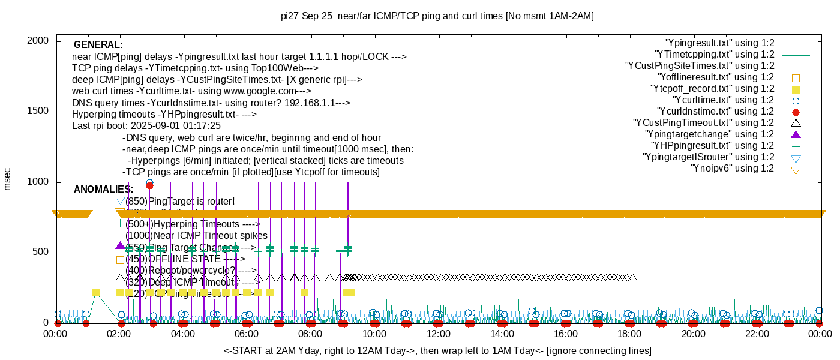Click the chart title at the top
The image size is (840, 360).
pos(437,16)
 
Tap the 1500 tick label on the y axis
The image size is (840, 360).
pos(40,112)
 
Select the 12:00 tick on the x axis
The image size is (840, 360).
pos(438,333)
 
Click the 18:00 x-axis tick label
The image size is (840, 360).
pos(629,333)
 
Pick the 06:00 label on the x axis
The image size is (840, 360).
pos(247,333)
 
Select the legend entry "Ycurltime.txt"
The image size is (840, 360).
pos(724,100)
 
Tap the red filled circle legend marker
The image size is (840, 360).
pos(796,112)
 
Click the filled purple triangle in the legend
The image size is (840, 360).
pos(796,134)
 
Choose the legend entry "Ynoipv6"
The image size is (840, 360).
pos(732,169)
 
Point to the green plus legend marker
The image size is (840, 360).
pos(796,146)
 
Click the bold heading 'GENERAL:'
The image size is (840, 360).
pos(98,45)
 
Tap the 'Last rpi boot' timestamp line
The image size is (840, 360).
pos(146,126)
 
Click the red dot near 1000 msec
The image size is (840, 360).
pos(149,186)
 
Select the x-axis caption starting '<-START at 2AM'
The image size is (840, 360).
pos(437,350)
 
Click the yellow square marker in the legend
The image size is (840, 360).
pos(796,89)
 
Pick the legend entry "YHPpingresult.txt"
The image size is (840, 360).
pos(713,146)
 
